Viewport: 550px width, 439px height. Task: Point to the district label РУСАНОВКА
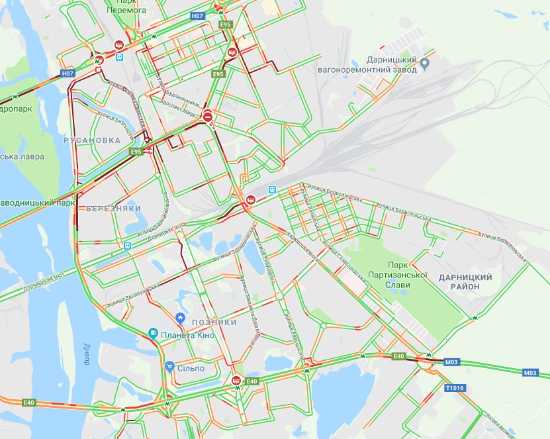click(x=93, y=140)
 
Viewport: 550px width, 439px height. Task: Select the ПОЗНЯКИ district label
click(x=214, y=322)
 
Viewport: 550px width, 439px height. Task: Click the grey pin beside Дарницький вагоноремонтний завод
click(x=426, y=64)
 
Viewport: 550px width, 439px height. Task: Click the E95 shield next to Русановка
click(x=136, y=152)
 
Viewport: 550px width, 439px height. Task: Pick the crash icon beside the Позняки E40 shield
click(x=236, y=380)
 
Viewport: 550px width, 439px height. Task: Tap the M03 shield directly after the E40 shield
click(x=451, y=362)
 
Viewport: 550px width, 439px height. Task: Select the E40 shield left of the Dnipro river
click(x=28, y=402)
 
